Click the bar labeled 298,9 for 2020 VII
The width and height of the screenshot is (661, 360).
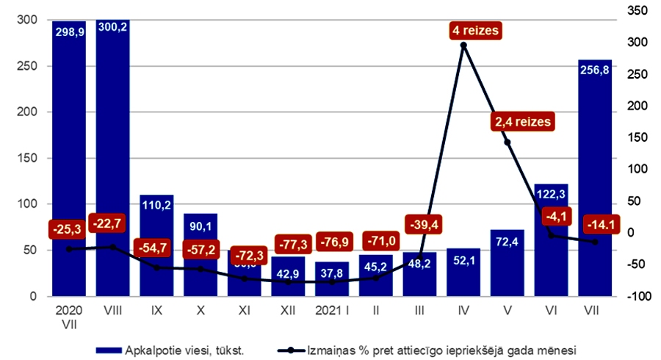[x=69, y=158]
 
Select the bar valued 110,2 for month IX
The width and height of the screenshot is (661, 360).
[x=156, y=245]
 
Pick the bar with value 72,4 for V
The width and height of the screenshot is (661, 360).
[x=508, y=263]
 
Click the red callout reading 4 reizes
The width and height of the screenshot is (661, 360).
[x=475, y=32]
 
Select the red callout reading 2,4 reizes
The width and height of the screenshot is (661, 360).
[x=522, y=122]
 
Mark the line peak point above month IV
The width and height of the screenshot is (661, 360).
[x=463, y=46]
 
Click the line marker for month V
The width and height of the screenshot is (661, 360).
[x=508, y=142]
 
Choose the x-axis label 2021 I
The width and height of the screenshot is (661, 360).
[x=332, y=311]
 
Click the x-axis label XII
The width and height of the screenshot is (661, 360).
[x=288, y=311]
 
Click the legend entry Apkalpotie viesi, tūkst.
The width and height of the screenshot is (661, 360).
[x=184, y=350]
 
